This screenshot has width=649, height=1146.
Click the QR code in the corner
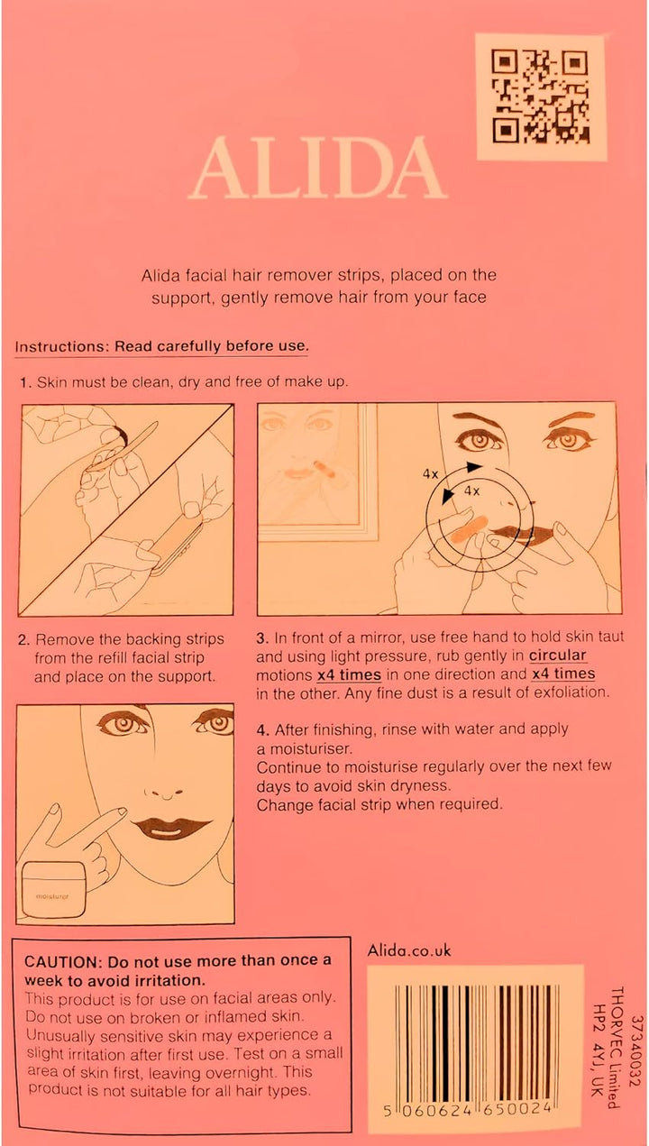click(x=540, y=96)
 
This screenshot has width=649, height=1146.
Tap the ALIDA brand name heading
click(x=318, y=170)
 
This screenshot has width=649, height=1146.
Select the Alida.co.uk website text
click(x=409, y=950)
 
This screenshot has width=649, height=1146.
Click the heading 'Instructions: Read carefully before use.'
click(x=162, y=346)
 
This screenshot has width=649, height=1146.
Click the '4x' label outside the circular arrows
click(x=430, y=472)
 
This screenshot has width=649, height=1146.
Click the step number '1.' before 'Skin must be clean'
click(x=25, y=382)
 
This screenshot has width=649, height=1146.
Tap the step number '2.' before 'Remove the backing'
click(x=24, y=639)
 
